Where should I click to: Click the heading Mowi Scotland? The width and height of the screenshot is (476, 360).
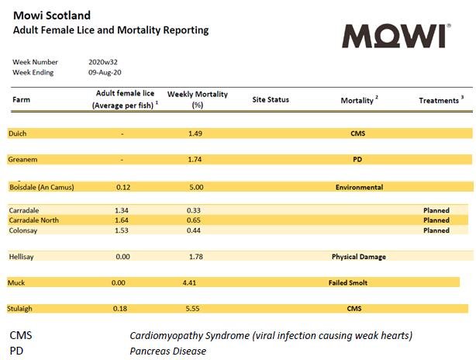click(x=52, y=16)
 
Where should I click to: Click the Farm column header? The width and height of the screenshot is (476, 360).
click(x=22, y=100)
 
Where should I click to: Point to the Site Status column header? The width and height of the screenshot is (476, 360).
click(x=271, y=100)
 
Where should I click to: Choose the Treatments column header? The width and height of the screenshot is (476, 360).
click(x=440, y=101)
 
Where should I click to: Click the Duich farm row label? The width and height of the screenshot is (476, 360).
click(x=17, y=133)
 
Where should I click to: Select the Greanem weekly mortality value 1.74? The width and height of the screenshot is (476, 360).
click(x=195, y=159)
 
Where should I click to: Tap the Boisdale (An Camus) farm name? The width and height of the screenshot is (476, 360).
click(x=41, y=187)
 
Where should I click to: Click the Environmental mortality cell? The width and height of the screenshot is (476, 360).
click(x=359, y=187)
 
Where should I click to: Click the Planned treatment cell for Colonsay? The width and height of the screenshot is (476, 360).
click(x=436, y=230)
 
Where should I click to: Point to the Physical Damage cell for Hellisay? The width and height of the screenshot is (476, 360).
click(x=358, y=257)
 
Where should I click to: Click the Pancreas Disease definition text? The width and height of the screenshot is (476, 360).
click(x=167, y=351)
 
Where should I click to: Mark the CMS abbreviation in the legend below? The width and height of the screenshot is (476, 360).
click(x=21, y=336)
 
